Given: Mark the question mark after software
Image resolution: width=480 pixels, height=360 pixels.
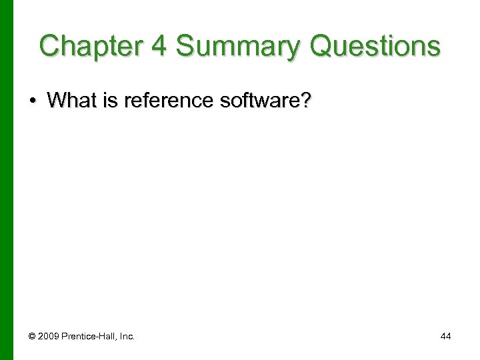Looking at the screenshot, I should click(305, 101).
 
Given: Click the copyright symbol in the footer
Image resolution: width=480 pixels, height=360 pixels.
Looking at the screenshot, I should click(31, 337).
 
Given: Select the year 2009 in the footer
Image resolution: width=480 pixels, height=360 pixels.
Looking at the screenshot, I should click(49, 337).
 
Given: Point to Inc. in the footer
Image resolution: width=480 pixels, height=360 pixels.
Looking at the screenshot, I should click(127, 337).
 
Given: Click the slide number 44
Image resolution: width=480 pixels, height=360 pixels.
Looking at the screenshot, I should click(445, 337).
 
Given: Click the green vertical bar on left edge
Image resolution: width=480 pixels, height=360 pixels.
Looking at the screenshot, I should click(7, 180).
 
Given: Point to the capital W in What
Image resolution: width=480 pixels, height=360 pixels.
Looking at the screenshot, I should click(57, 101).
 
